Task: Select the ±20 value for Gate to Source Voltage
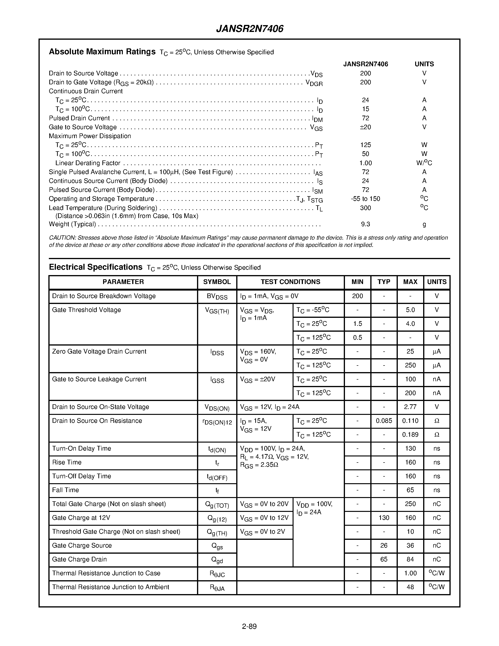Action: click(365, 127)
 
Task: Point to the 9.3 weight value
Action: click(365, 224)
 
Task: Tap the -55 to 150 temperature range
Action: click(365, 199)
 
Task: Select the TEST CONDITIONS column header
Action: click(290, 282)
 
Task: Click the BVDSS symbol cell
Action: click(217, 297)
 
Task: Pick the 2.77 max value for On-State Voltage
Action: click(410, 407)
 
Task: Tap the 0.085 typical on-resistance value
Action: click(384, 421)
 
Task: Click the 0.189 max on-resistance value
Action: click(410, 435)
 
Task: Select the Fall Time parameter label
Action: click(65, 490)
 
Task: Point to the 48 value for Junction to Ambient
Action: click(410, 587)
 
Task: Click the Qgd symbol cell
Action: click(217, 560)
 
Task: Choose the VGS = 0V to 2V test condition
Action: click(263, 532)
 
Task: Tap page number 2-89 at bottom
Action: click(249, 627)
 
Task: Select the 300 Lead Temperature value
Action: click(365, 208)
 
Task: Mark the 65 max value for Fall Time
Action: click(410, 490)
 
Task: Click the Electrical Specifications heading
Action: click(96, 267)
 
